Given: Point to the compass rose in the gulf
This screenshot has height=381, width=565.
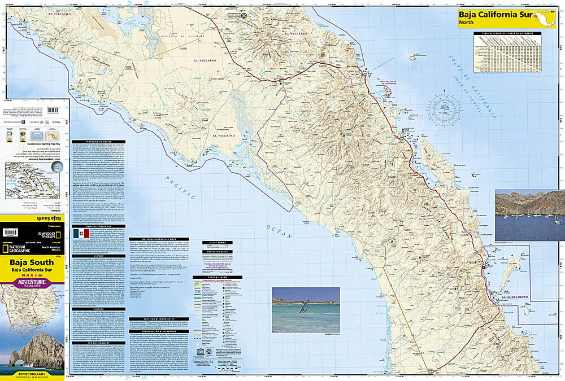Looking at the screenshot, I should coord(445,110).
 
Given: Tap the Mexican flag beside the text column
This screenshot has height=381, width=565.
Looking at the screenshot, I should coord(77,234).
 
